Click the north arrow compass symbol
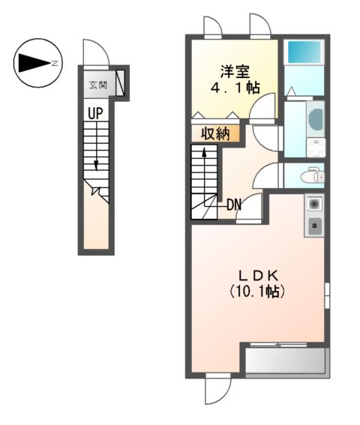click(35, 63)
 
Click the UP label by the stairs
click(94, 113)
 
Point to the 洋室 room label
click(232, 72)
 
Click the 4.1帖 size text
click(232, 88)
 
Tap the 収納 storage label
click(215, 134)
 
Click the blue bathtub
click(304, 52)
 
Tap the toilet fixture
click(312, 177)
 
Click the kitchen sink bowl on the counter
click(314, 204)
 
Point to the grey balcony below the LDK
click(285, 361)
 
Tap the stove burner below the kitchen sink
click(314, 224)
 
